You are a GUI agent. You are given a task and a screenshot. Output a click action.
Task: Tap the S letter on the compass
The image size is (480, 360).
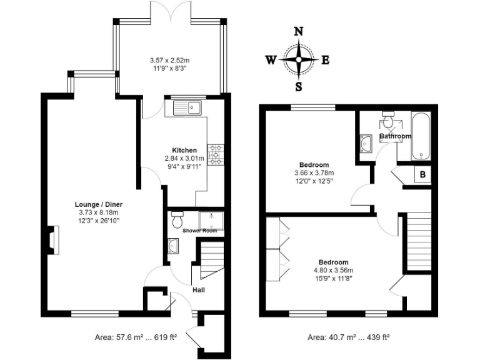click(299, 86)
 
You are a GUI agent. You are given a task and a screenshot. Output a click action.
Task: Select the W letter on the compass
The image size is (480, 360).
click(271, 60)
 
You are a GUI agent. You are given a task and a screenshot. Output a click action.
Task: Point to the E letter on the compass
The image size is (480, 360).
click(325, 60)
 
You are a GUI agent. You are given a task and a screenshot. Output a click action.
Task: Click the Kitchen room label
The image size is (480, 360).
click(184, 150)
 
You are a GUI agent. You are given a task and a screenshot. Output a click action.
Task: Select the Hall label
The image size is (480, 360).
click(199, 289)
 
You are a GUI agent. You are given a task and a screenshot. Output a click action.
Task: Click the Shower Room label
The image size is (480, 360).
click(199, 231)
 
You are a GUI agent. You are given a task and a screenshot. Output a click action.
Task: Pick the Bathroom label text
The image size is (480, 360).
click(395, 136)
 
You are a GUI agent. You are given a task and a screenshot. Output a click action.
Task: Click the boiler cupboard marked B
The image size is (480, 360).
click(422, 174)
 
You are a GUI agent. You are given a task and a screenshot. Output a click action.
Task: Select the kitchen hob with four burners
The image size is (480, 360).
click(216, 154)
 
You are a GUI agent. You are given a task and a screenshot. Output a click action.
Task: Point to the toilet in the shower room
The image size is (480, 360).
click(177, 221)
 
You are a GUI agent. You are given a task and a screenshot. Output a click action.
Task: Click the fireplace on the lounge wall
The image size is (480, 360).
click(49, 241)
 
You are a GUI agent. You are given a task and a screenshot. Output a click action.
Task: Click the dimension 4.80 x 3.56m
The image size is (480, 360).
click(334, 271)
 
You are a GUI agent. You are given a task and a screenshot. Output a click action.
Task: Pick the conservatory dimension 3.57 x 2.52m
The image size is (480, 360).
click(170, 60)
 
